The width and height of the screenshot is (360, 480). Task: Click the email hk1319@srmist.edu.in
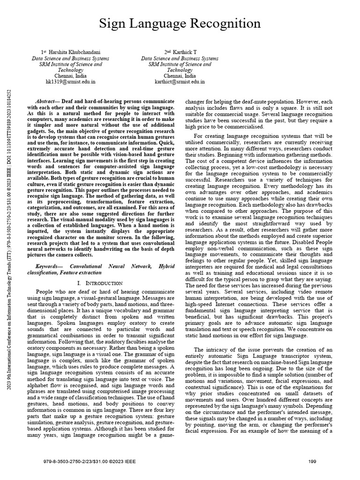coord(70,81)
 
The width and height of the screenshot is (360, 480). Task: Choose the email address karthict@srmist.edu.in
coord(180,81)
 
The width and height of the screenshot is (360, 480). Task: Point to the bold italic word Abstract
coord(47,101)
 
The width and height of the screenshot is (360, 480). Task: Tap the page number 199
coord(312,462)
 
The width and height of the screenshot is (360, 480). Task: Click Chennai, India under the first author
coord(70,75)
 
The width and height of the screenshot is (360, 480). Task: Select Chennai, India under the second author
coord(180,75)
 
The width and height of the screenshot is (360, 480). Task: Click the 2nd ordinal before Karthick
coord(167,52)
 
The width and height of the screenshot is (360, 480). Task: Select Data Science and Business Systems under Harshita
coord(70,58)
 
